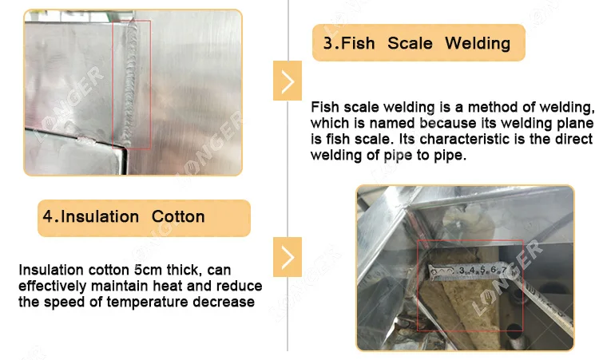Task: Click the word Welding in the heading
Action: pyautogui.click(x=478, y=43)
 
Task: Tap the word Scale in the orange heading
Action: pyautogui.click(x=410, y=43)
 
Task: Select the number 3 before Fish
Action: pyautogui.click(x=327, y=43)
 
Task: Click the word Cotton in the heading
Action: pyautogui.click(x=178, y=216)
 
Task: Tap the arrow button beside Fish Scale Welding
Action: pyautogui.click(x=288, y=81)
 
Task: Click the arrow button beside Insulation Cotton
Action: pyautogui.click(x=288, y=257)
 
